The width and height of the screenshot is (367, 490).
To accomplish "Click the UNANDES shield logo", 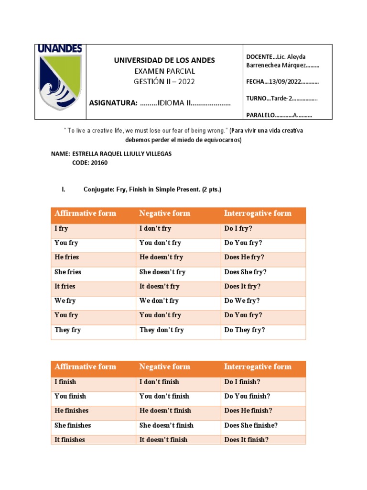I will pos(60,82).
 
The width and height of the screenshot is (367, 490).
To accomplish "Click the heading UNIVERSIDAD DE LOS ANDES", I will pos(164,60).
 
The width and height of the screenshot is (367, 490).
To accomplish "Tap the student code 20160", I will pos(97,163).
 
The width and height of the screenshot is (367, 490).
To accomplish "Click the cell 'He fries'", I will pos(67,257).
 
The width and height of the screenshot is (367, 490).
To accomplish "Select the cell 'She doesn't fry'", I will pos(162,272).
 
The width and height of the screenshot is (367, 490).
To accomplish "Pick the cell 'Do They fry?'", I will pos(245,330).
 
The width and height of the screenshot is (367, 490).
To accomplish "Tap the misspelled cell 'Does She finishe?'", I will pos(251,425).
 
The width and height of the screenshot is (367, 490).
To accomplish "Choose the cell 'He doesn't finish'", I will pos(165,411).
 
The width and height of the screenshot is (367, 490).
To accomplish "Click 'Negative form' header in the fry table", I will pos(165,213).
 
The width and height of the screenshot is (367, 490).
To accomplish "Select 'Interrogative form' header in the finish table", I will pos(258,367).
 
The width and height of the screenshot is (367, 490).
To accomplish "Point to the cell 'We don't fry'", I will pos(159,301).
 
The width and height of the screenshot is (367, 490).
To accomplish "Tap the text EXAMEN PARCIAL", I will pos(164,71).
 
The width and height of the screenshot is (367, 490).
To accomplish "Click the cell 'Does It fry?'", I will pos(243,286).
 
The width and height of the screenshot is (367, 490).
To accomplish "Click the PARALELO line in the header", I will pos(279,115).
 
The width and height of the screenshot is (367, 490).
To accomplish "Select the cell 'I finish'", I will pos(65,382).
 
